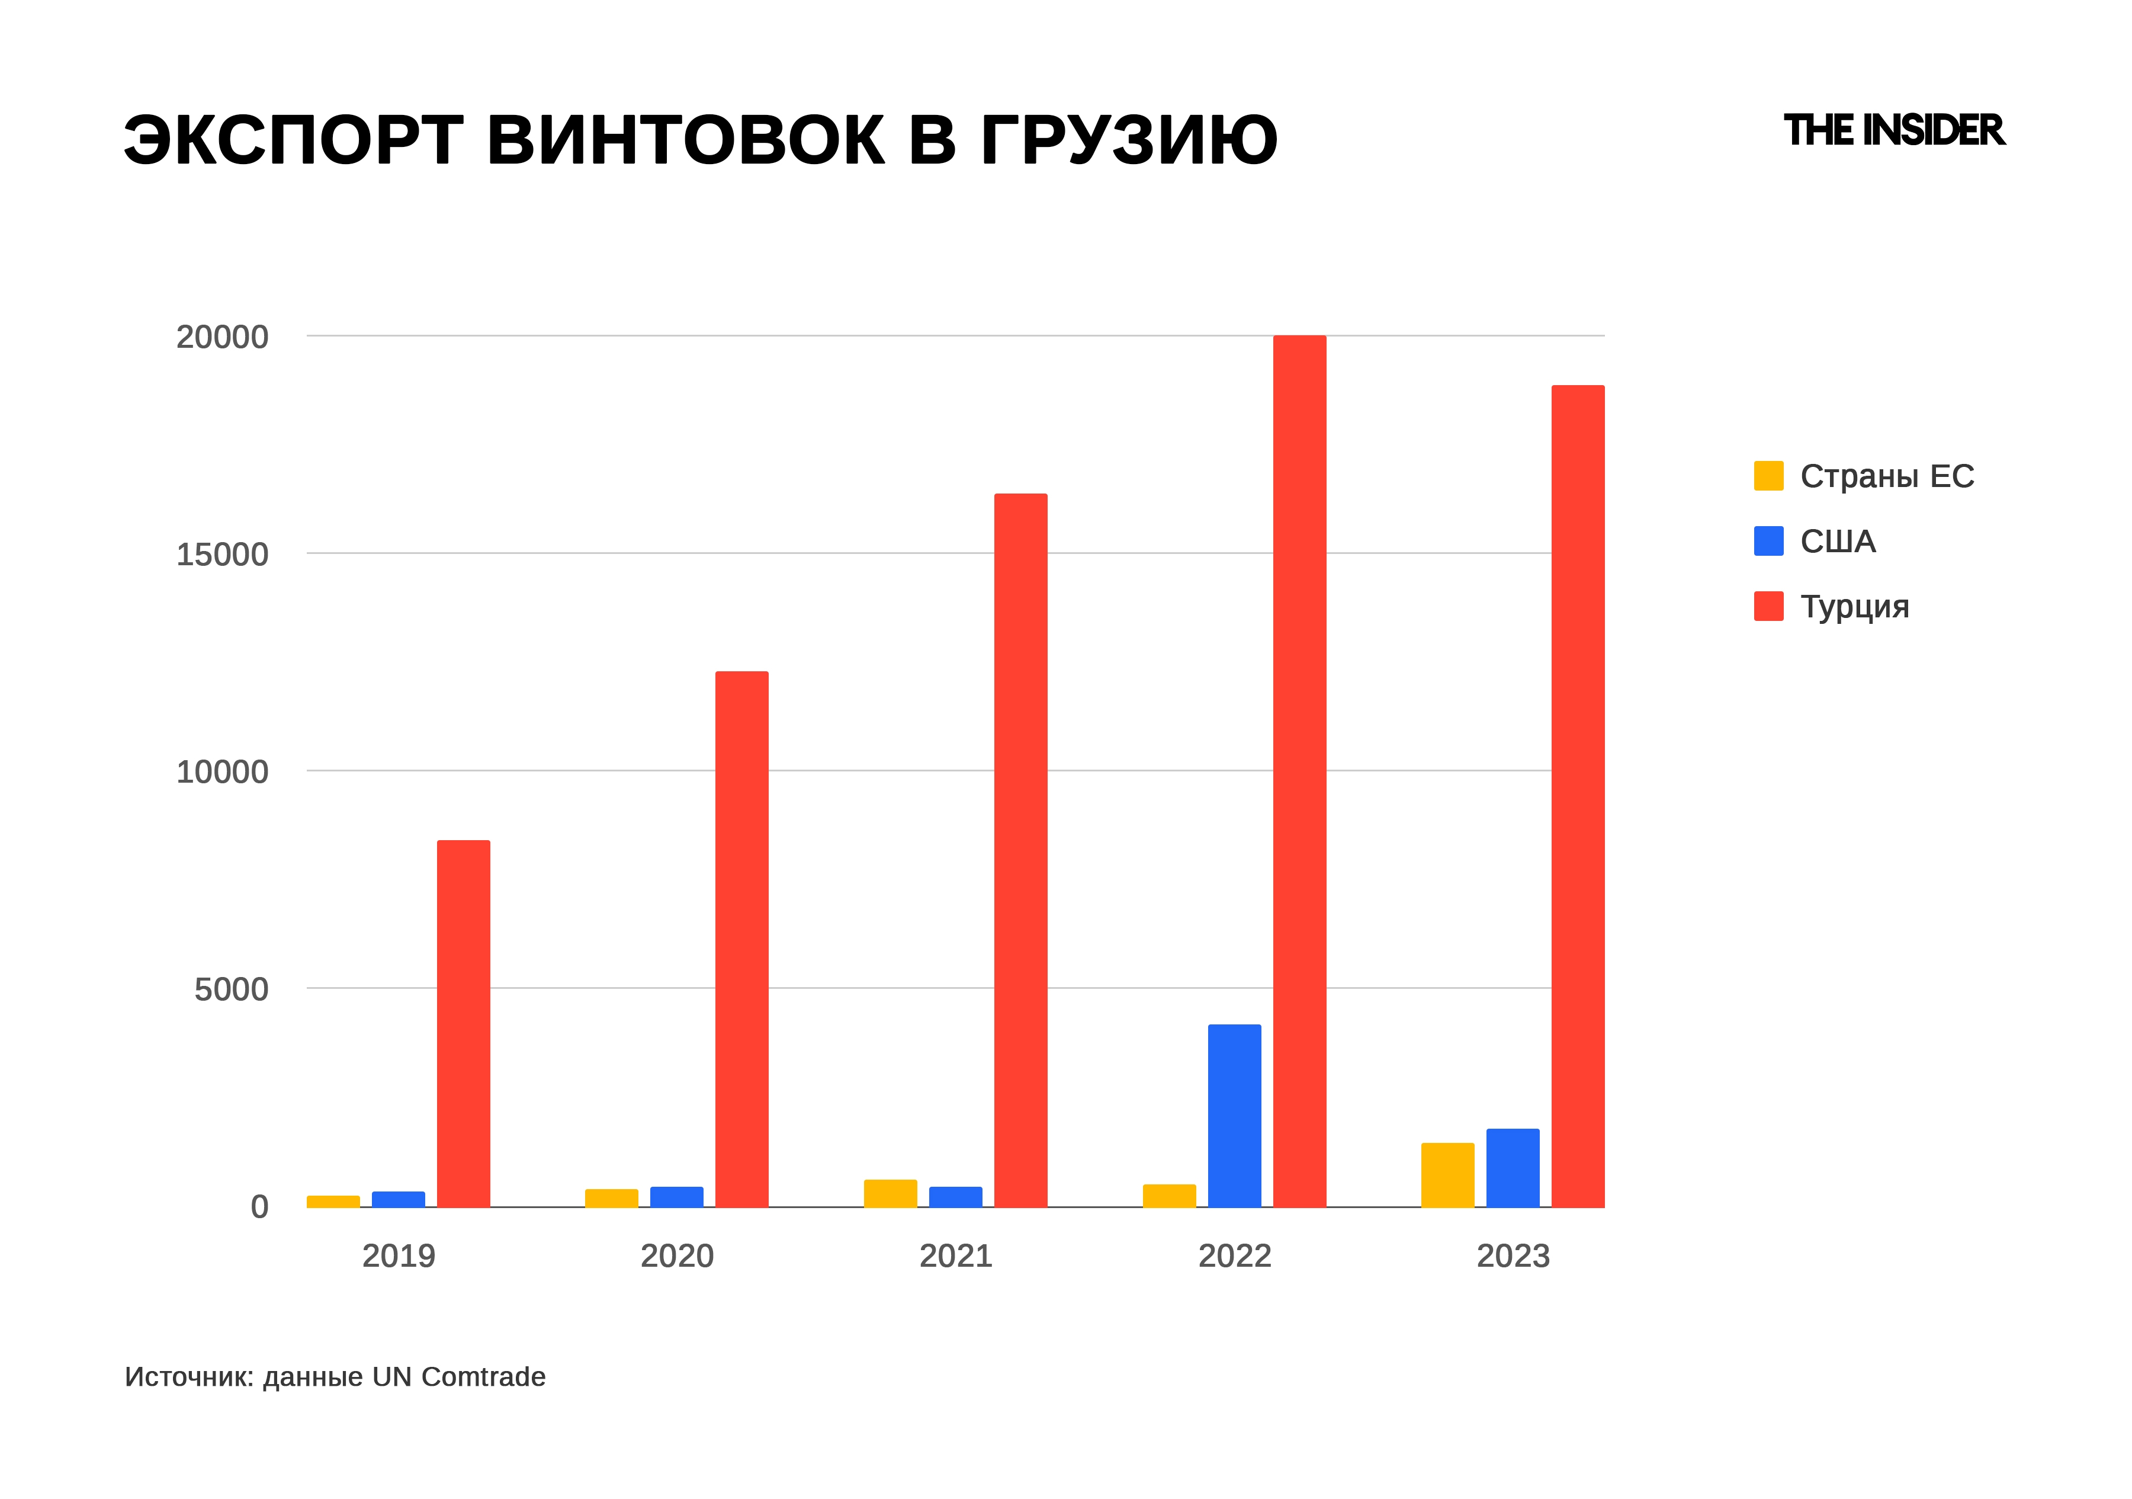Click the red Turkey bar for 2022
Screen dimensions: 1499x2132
[x=1299, y=771]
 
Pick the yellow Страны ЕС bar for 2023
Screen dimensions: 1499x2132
[x=1447, y=1175]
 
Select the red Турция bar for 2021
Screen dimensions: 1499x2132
[x=1020, y=850]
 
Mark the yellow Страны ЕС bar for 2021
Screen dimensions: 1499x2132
[x=891, y=1193]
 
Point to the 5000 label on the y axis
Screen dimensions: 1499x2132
[x=231, y=989]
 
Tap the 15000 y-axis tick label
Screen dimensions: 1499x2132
[x=222, y=555]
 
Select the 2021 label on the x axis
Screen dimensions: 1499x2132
[x=955, y=1255]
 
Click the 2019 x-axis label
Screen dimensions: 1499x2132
[x=399, y=1255]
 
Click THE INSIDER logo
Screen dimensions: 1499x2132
[x=1895, y=131]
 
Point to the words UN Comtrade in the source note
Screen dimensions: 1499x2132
[x=459, y=1376]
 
